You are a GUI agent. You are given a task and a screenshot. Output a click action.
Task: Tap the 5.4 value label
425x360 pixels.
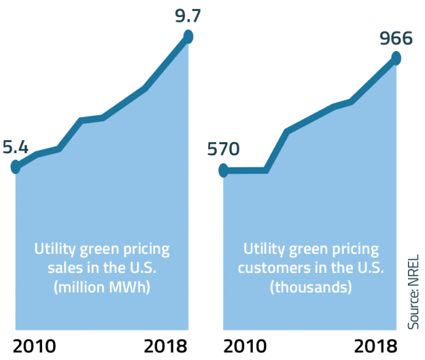16,146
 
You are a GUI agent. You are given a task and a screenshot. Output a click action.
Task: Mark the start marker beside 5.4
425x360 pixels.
16,166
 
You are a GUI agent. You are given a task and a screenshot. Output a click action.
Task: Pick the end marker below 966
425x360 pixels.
396,59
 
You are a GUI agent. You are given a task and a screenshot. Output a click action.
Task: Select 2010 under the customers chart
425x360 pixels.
243,345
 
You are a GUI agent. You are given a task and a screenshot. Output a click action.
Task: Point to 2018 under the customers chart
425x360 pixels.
375,345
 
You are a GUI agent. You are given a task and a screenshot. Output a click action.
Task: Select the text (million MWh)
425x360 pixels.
102,287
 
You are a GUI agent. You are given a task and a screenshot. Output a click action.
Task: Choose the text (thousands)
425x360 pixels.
311,287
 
